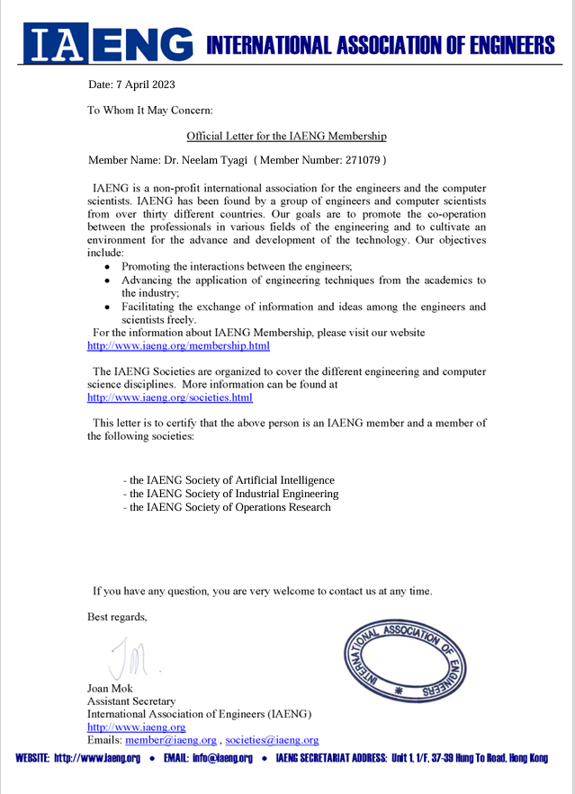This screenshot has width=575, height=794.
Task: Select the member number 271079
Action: tap(358, 160)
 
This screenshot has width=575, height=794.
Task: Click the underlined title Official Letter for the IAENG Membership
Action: tap(286, 136)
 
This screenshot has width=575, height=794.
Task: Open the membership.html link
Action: tap(178, 345)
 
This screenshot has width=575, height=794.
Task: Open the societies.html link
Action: tap(170, 397)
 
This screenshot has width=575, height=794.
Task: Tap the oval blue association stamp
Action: tap(407, 662)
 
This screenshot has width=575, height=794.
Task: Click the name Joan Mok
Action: tap(110, 688)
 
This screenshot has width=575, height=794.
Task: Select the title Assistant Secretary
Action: tap(131, 700)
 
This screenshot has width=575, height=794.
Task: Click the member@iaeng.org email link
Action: tap(171, 740)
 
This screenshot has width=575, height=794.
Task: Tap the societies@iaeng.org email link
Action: tap(272, 740)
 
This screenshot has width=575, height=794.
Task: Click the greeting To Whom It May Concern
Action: tap(149, 111)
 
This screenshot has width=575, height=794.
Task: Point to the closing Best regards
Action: tap(117, 617)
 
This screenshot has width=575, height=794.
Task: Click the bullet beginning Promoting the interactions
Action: tap(236, 267)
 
